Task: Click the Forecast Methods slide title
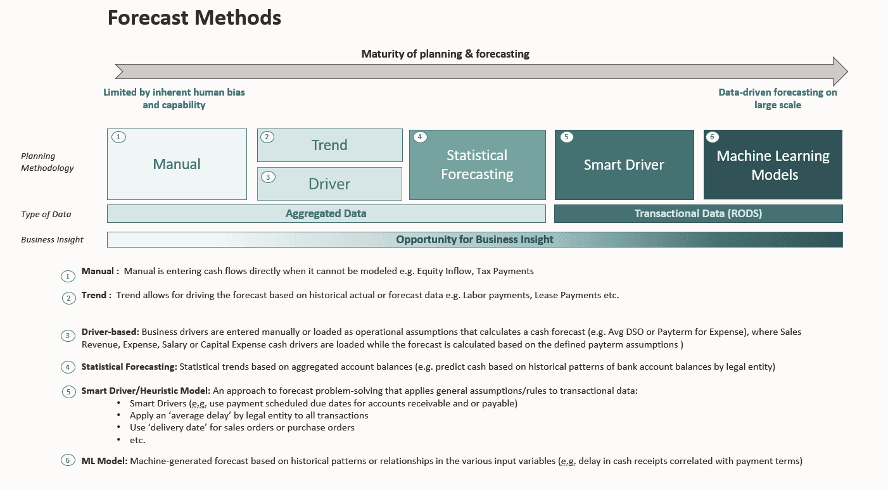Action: (x=194, y=18)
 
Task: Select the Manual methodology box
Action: (x=177, y=165)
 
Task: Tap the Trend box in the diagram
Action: (x=329, y=145)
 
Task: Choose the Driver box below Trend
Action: (x=329, y=184)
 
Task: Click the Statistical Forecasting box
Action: (x=477, y=165)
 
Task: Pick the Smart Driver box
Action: (x=624, y=165)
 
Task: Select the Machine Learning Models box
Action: (x=773, y=165)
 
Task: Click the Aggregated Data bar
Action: (x=326, y=214)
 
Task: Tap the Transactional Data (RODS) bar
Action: (x=698, y=214)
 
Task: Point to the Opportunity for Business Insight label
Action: (x=474, y=239)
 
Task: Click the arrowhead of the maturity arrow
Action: (x=840, y=71)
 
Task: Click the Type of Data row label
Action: (x=46, y=214)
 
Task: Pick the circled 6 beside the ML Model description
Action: (x=68, y=461)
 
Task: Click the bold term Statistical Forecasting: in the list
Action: (x=129, y=367)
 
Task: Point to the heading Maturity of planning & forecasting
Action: (x=445, y=54)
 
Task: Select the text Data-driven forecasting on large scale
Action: (x=778, y=99)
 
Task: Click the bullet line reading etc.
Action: (x=137, y=440)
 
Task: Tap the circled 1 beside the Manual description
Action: (x=68, y=276)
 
